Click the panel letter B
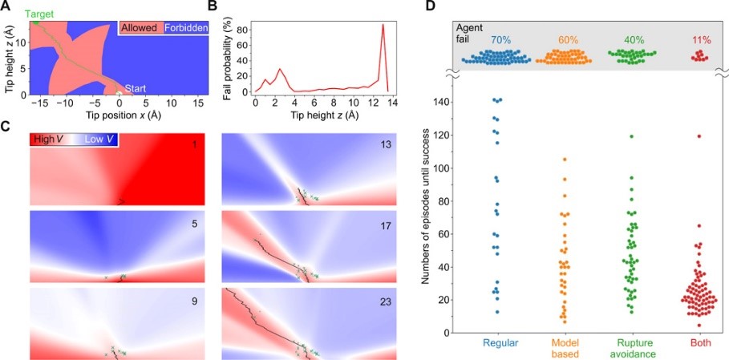[x=213, y=6]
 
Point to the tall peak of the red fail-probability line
[x=383, y=25]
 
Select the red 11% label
[x=700, y=38]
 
